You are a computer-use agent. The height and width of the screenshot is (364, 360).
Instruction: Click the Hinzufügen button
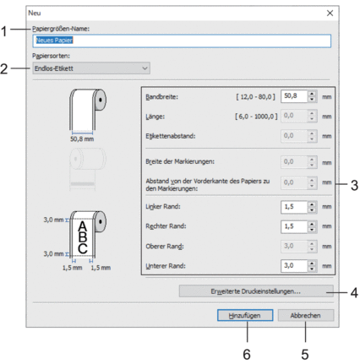(245, 315)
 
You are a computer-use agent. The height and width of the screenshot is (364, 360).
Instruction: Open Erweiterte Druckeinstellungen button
(256, 291)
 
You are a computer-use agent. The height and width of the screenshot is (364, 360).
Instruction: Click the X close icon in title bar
(330, 13)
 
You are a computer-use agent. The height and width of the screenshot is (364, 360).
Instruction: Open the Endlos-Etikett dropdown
(91, 68)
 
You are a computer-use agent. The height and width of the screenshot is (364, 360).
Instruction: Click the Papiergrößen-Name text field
(182, 41)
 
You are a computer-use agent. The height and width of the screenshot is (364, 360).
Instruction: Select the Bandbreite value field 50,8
(294, 96)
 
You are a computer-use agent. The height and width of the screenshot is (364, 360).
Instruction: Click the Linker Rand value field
(294, 207)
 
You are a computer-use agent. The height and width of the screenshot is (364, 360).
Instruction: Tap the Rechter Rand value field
(294, 226)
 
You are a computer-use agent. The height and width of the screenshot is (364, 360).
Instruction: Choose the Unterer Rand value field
(294, 266)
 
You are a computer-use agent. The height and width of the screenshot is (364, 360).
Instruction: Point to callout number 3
(354, 186)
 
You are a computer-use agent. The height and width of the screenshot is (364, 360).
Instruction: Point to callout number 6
(247, 355)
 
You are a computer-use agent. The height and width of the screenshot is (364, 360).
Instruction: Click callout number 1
(4, 31)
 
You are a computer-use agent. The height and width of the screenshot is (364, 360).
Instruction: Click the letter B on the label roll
(83, 236)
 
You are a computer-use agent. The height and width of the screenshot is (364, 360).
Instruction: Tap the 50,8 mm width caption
(82, 139)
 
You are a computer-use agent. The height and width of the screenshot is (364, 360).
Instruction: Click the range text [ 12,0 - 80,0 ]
(255, 97)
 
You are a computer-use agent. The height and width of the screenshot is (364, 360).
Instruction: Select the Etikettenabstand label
(171, 136)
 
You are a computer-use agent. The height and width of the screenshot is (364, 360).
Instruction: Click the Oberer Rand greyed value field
(294, 246)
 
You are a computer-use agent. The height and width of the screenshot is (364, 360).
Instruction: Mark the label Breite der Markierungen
(180, 161)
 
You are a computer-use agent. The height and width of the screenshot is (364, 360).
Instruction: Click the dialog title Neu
(35, 13)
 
